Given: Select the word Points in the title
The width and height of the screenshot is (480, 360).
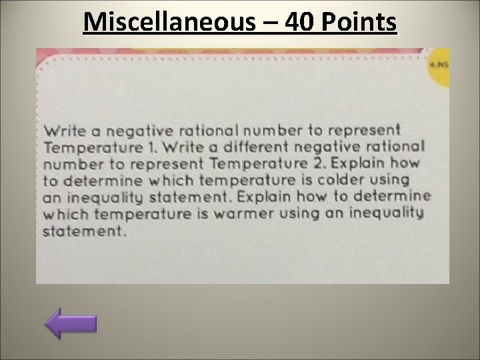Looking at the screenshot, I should coord(360,24).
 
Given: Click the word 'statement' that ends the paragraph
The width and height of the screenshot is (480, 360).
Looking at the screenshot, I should coord(83,232).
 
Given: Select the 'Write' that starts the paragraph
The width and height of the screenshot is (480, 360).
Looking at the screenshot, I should coord(64,129).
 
